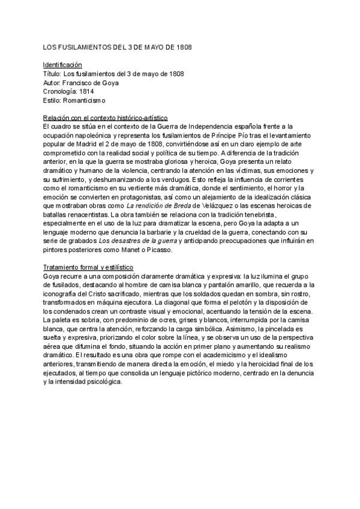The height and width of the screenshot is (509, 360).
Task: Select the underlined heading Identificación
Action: point(62,65)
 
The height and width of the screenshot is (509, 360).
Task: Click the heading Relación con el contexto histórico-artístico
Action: point(106,118)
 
